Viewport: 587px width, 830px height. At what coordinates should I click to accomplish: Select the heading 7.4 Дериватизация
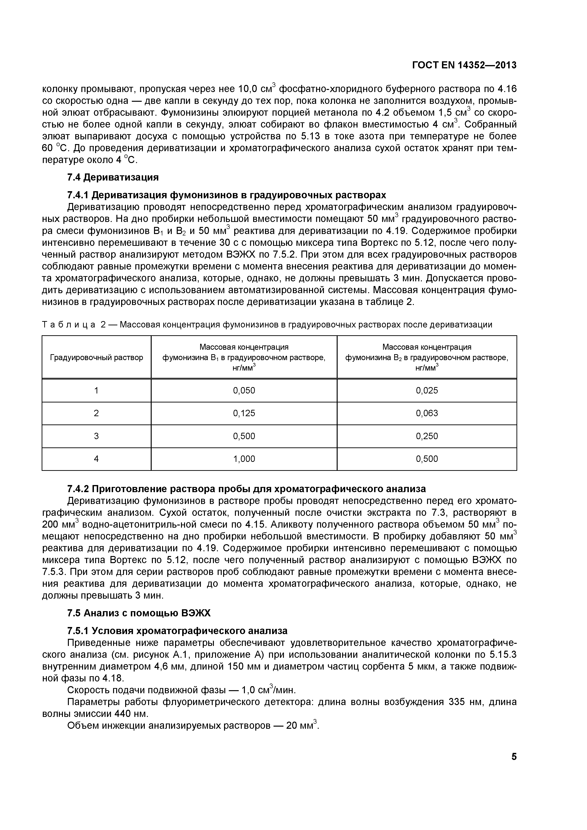coord(113,177)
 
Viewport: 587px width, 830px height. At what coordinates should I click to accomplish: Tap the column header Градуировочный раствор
coord(97,358)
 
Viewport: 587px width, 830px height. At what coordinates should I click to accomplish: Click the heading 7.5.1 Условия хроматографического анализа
coord(177,631)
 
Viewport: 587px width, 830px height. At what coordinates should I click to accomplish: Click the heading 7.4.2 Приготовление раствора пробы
coord(246,489)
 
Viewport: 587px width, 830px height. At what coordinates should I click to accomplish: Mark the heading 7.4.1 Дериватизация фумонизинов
coord(226,195)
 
